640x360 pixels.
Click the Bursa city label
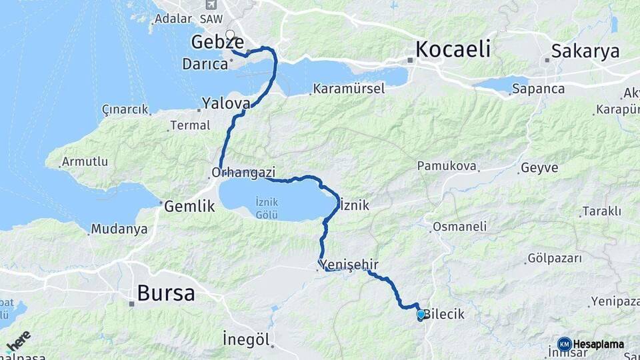pos(165,293)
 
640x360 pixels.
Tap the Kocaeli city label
pos(453,49)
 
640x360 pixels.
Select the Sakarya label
pos(585,51)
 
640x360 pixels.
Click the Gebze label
pos(217,42)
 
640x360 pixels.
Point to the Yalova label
pos(226,103)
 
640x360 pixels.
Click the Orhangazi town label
pos(243,172)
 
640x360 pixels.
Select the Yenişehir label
pos(347,265)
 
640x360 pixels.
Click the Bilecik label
pos(444,313)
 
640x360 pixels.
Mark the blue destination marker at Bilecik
pos(421,314)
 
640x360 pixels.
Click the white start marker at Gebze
pos(230,34)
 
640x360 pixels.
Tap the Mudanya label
pos(119,229)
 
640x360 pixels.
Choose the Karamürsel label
pos(349,88)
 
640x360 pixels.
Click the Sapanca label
pos(538,88)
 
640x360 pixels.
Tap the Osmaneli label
pos(459,227)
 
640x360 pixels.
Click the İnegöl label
pos(247,339)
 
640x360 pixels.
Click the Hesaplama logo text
pos(599,344)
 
